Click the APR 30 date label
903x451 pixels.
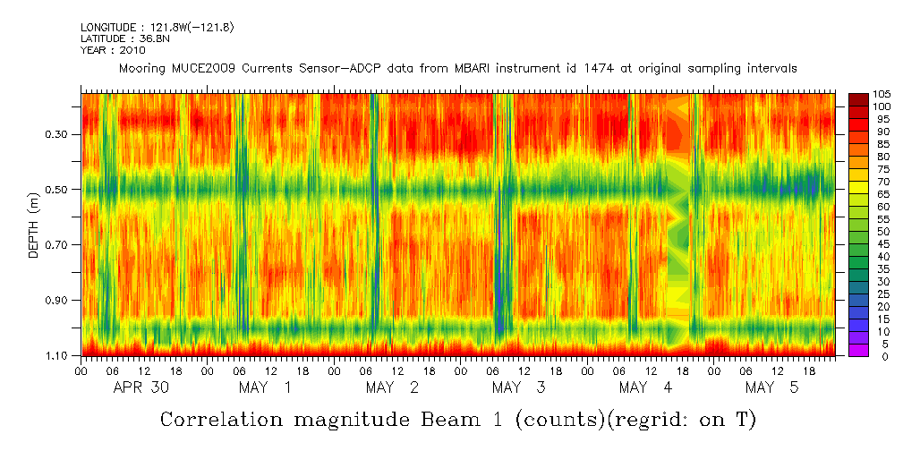(x=142, y=387)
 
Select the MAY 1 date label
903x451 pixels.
(x=265, y=387)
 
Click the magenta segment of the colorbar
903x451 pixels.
(x=857, y=350)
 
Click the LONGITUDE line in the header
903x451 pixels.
(x=157, y=28)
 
